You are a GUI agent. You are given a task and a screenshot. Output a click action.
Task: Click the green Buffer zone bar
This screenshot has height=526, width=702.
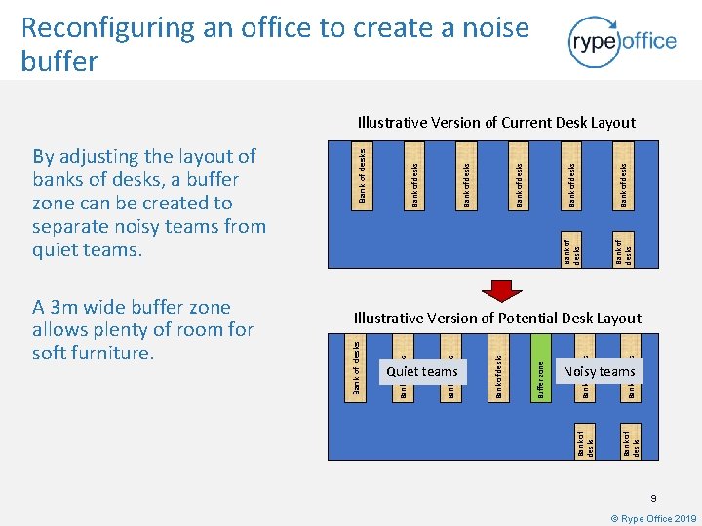click(x=542, y=366)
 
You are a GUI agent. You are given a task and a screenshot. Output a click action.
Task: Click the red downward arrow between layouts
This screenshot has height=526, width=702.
click(x=504, y=291)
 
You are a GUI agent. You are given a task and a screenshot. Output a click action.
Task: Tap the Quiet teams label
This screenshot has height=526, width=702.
click(x=422, y=371)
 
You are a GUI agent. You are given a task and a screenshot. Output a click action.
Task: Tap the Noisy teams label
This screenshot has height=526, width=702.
click(x=599, y=371)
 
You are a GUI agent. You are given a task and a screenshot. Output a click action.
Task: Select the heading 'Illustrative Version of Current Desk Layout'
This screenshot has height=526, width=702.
click(x=496, y=123)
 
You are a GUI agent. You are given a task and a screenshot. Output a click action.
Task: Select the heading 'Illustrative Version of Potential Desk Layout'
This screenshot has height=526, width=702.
click(x=497, y=318)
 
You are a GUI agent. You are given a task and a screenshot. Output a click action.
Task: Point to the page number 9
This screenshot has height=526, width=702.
click(x=655, y=498)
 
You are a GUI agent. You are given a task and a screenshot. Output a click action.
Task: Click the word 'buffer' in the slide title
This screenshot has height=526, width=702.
click(x=59, y=62)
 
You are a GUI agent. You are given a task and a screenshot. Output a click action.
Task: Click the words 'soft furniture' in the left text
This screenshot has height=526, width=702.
click(x=93, y=353)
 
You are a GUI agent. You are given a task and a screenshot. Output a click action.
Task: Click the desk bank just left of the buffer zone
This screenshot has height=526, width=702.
click(x=498, y=366)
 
